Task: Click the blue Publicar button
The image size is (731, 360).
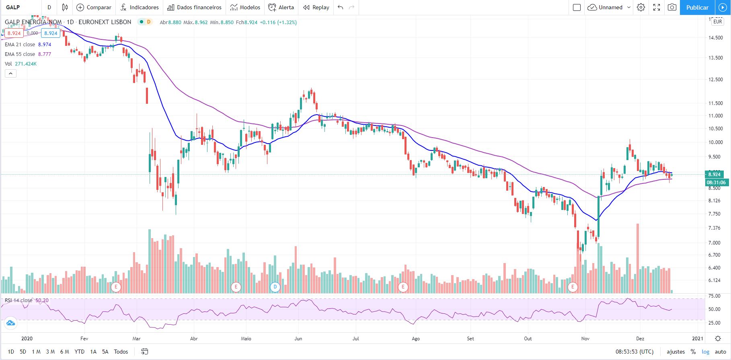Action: coord(697,7)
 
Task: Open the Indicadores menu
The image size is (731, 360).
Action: coord(140,7)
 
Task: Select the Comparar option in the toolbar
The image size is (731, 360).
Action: coord(94,7)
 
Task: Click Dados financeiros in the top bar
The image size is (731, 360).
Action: coord(194,7)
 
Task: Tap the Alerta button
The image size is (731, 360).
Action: coord(281,7)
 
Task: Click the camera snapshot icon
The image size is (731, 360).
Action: coord(672,7)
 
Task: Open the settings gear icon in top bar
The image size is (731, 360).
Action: coord(641,7)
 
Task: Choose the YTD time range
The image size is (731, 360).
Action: coord(80,352)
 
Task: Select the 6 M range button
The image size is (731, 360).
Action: coord(64,352)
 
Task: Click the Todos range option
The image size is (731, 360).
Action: coord(121,352)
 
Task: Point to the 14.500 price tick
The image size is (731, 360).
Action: coord(715,38)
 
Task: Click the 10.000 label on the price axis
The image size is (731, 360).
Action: coord(715,142)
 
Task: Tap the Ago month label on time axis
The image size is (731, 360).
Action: coord(416,339)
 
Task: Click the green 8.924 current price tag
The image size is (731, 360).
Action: coord(714,174)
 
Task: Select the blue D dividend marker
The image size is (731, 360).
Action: coord(275,287)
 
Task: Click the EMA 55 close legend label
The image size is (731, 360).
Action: coord(20,54)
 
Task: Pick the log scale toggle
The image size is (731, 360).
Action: coord(705,352)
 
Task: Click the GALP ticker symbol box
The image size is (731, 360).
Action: coord(13,7)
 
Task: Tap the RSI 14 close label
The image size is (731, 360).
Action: coord(18,300)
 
